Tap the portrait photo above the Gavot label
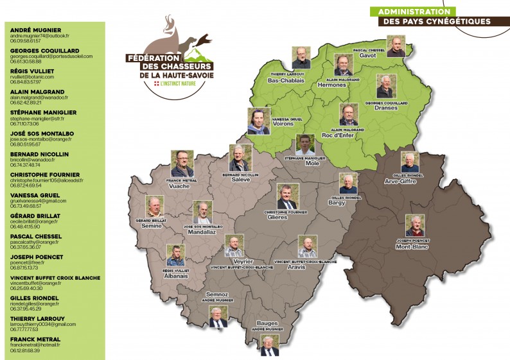pos(396,46)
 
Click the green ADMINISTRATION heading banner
pos(413,12)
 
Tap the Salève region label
pos(240,180)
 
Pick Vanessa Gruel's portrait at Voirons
pos(258,121)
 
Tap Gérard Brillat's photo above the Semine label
pos(154,206)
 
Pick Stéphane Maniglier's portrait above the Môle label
pos(305,144)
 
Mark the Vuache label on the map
pos(182,186)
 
